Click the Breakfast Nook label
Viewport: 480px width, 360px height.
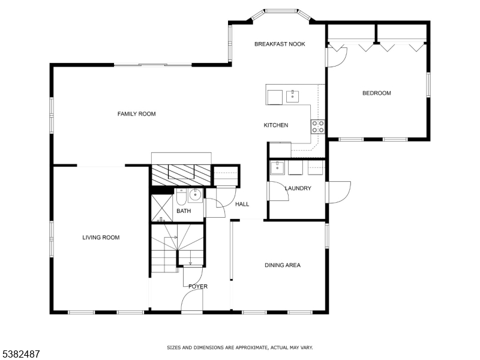click(x=280, y=44)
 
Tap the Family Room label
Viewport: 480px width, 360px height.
click(x=137, y=114)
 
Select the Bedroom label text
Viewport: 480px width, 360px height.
click(x=377, y=93)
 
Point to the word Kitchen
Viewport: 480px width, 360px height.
click(x=276, y=125)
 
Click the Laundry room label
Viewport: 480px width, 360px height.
click(x=298, y=188)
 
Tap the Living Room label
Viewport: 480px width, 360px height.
click(x=101, y=238)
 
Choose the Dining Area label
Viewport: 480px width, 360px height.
click(x=283, y=265)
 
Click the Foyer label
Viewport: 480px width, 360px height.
click(x=198, y=287)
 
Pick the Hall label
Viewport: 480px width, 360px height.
click(x=242, y=204)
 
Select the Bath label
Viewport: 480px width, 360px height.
click(x=184, y=211)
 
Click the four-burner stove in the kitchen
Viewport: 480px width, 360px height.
click(x=318, y=127)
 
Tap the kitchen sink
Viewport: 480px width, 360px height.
click(x=293, y=97)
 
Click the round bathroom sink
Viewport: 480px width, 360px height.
click(x=195, y=196)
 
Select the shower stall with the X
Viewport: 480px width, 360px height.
click(x=162, y=208)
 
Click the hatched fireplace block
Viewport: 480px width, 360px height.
click(x=182, y=175)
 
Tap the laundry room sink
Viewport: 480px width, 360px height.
click(x=277, y=168)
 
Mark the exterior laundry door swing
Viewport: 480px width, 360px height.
click(x=338, y=192)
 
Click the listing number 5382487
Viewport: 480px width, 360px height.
click(x=20, y=354)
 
